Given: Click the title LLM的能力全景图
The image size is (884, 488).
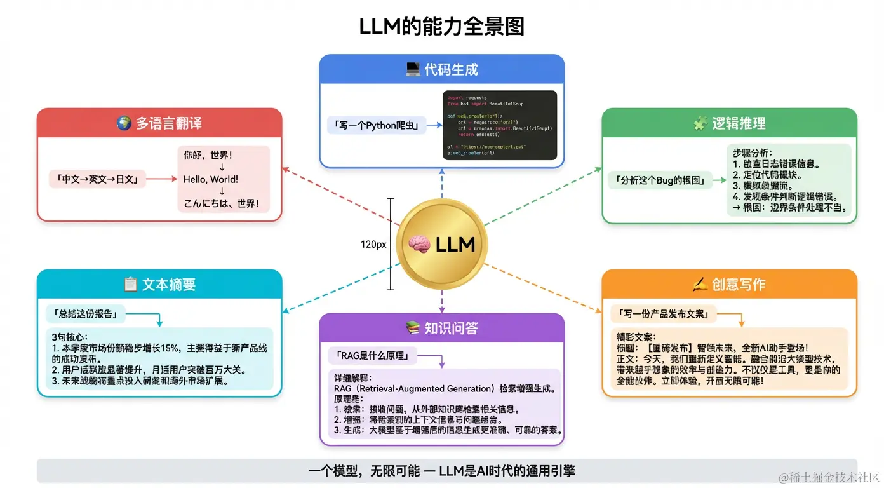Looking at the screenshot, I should (x=441, y=27).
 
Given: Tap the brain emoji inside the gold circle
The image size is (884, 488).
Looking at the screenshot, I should (x=419, y=245).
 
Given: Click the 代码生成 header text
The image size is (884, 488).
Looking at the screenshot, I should (x=451, y=70).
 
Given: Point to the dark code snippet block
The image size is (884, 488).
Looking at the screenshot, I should (x=499, y=125).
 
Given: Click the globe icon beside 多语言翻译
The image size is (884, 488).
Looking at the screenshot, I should (x=124, y=123).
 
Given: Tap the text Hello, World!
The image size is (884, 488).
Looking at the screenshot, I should (x=211, y=179).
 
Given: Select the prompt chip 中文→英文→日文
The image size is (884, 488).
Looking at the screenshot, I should (x=98, y=179).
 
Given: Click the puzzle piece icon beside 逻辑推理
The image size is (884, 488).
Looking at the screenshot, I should (x=700, y=123).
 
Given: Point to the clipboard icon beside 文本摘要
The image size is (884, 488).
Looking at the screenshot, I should (x=130, y=284).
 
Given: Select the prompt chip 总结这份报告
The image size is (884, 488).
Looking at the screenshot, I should (x=85, y=313).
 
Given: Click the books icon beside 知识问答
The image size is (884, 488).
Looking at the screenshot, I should (x=413, y=328).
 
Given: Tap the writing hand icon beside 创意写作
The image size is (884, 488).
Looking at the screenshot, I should (x=700, y=284).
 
